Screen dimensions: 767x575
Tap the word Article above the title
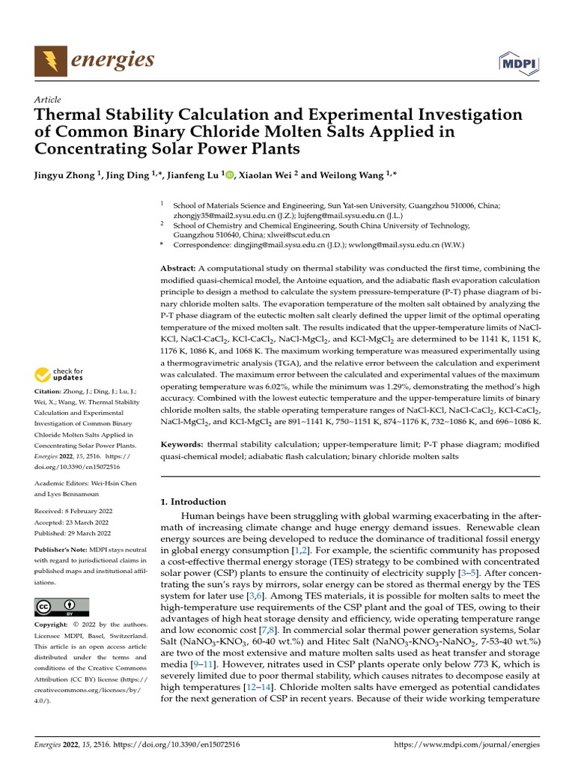point(47,100)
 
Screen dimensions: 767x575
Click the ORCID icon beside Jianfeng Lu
point(230,175)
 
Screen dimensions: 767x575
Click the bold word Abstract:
point(178,268)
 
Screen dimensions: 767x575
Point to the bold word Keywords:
point(183,444)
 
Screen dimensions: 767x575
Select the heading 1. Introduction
point(194,502)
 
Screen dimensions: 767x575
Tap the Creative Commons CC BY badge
point(61,607)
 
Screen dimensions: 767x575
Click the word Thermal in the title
point(67,115)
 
